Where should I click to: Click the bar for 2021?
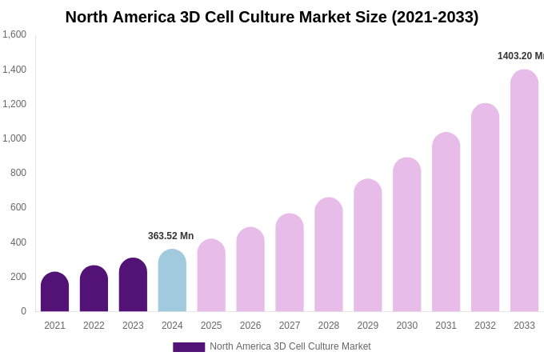coord(54,292)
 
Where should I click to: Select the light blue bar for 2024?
coord(172,281)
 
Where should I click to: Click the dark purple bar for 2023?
coord(133,285)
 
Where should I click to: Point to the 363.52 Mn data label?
coord(170,236)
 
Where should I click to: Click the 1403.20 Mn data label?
coord(520,56)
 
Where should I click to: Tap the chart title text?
coord(272,17)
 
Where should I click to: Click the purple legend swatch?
coord(189,347)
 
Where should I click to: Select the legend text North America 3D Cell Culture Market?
coord(290,346)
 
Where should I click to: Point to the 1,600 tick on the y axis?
coord(14,34)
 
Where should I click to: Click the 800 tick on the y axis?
coord(18,173)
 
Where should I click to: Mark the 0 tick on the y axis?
coord(23,311)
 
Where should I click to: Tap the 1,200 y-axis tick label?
coord(14,104)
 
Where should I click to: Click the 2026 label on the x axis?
coord(250,326)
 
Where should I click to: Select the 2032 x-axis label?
coord(485,326)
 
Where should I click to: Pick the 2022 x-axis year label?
coord(94,326)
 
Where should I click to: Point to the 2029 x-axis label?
coord(368,326)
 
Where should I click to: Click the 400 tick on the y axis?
coord(18,242)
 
